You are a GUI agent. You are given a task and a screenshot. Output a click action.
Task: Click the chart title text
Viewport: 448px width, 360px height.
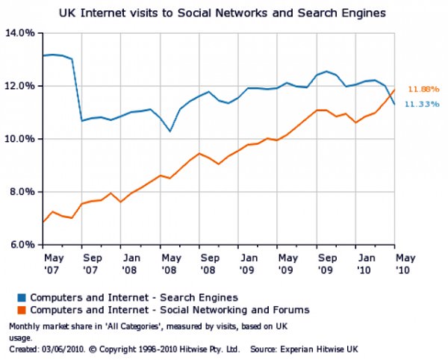[223, 13]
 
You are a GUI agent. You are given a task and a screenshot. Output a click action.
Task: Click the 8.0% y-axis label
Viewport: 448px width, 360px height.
[20, 192]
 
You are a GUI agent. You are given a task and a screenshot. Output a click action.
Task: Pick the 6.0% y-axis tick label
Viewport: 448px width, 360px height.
[20, 245]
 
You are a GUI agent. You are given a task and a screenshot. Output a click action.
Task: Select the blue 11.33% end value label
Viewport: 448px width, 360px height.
[420, 104]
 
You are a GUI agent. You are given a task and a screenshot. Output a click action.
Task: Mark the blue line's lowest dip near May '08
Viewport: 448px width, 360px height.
[170, 131]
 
